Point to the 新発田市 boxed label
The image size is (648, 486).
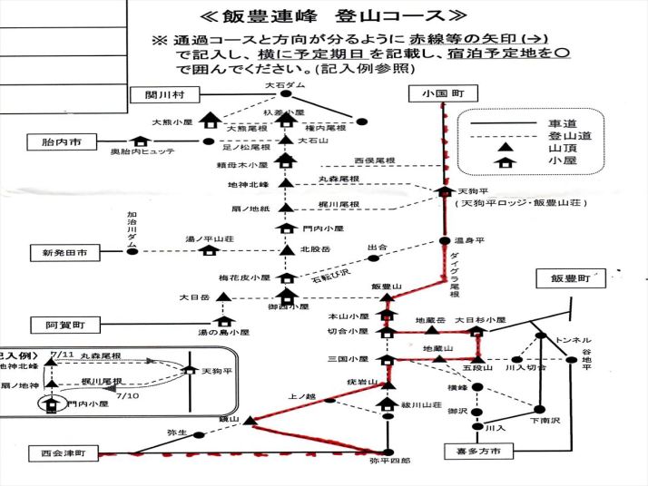[59, 252]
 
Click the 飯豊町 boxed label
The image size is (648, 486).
[570, 279]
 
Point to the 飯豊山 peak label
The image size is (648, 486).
[387, 287]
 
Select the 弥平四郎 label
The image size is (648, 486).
[389, 462]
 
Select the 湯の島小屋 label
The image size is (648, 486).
[223, 333]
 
